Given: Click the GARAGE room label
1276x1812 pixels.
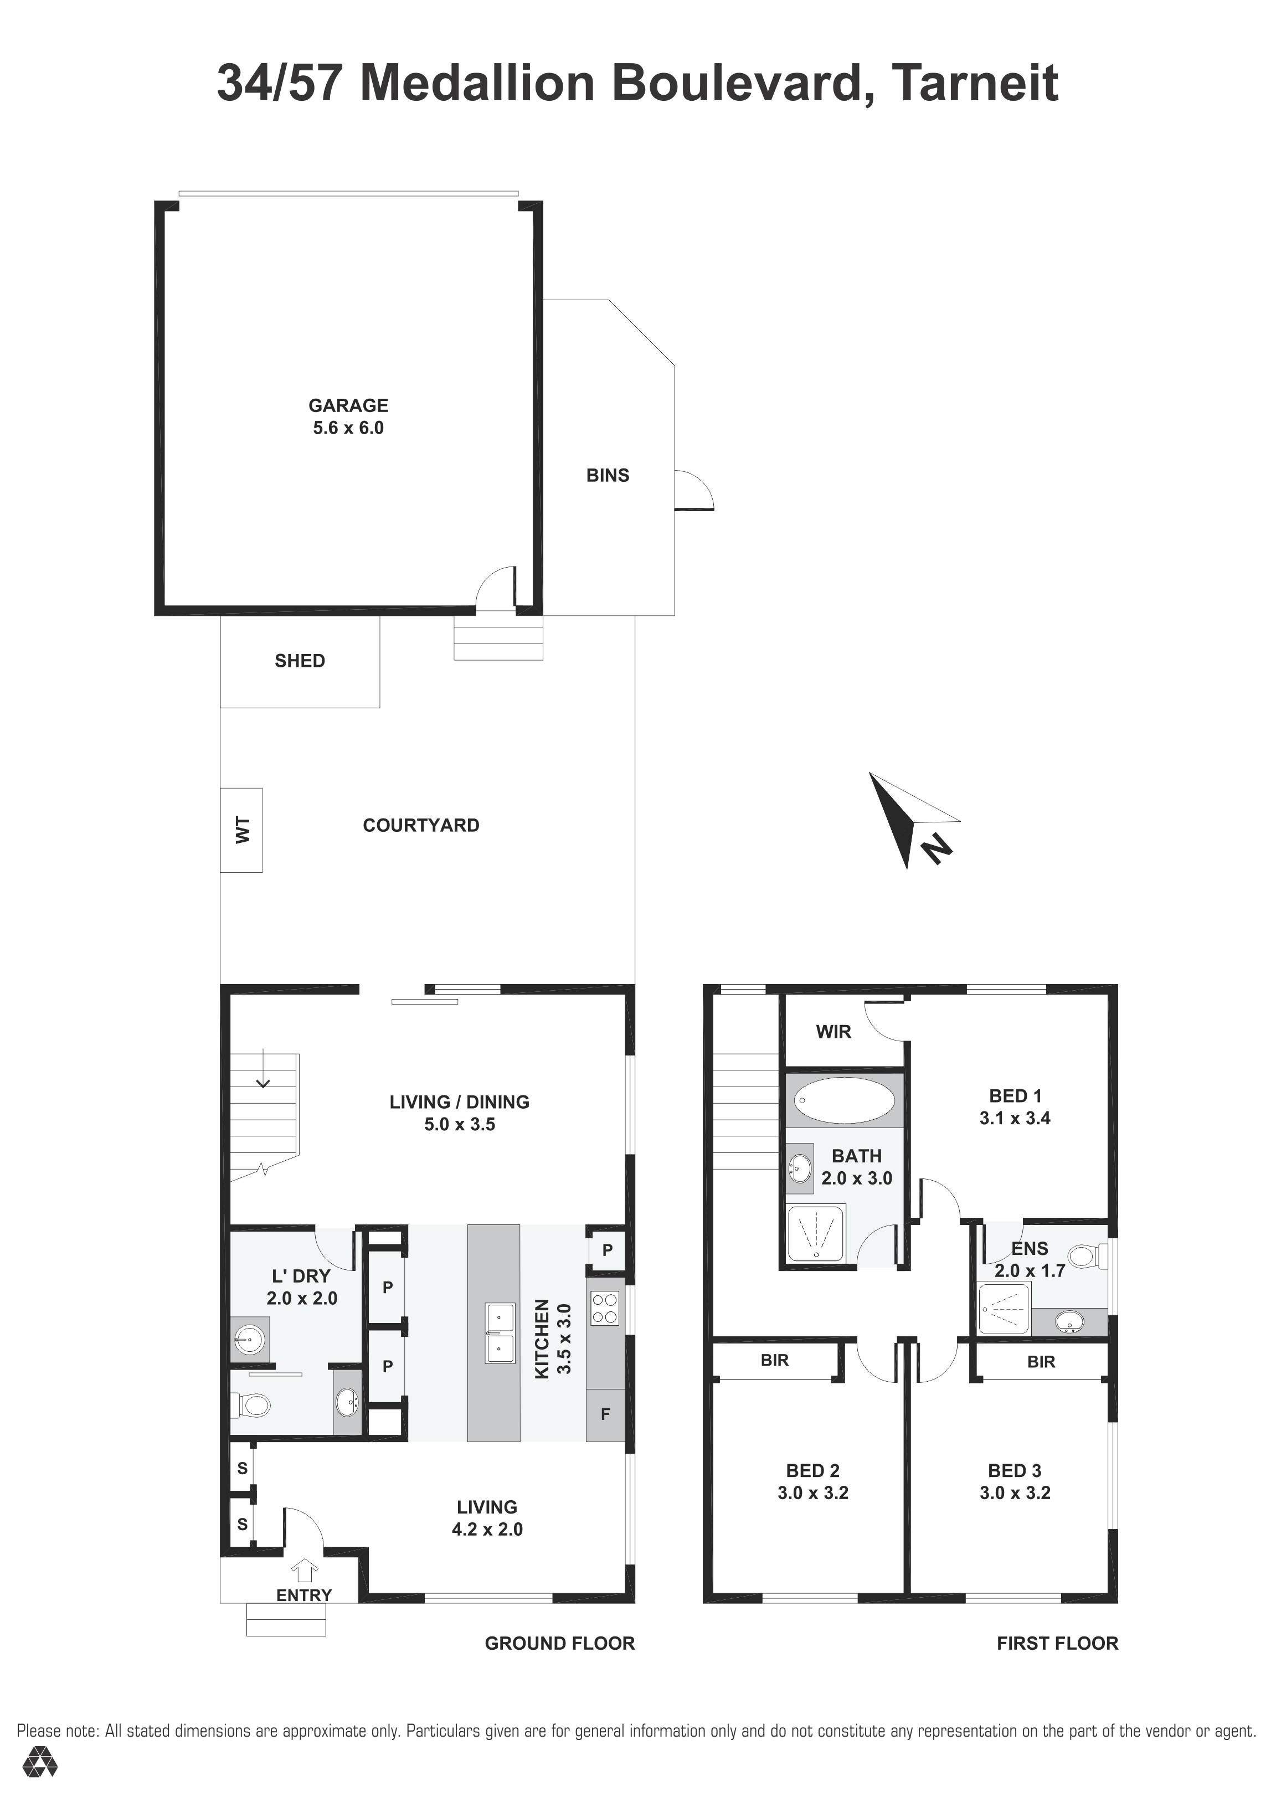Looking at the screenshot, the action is (348, 405).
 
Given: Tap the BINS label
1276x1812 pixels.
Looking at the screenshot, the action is (608, 475).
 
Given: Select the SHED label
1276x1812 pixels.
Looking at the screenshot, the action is (300, 661).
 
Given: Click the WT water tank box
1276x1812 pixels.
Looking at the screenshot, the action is (241, 830).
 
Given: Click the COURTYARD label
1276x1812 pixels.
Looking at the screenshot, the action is (420, 826).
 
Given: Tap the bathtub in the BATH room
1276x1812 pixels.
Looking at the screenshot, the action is (843, 1099).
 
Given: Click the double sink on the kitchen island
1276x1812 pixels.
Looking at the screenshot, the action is (500, 1333).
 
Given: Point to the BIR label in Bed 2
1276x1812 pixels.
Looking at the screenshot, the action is (775, 1360).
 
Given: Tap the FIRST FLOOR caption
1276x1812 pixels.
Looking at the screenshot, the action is (1057, 1643).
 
